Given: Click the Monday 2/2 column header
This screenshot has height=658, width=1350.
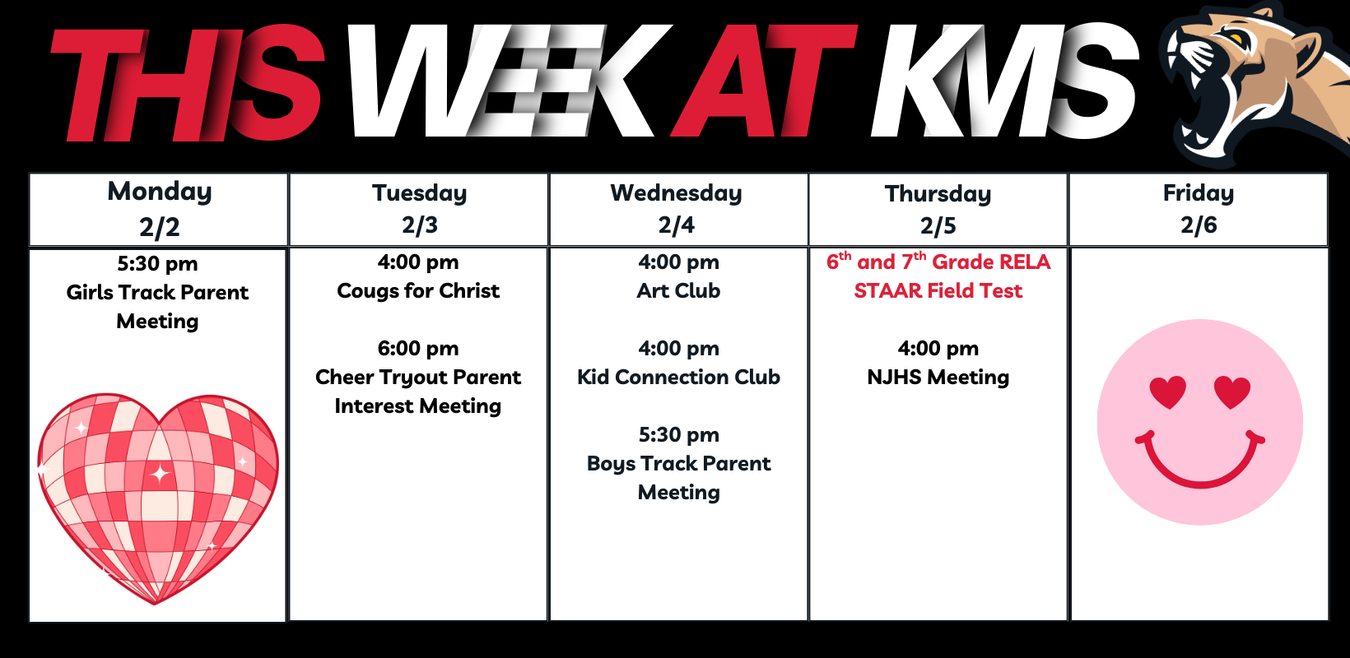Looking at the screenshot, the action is coord(159,210).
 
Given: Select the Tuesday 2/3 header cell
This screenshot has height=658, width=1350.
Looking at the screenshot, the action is coord(419,210).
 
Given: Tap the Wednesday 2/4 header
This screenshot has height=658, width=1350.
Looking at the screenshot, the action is coord(678,210).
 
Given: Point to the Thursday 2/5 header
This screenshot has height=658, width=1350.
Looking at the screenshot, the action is coord(938,210).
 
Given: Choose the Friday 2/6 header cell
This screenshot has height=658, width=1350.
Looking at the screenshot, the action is coord(1199,210).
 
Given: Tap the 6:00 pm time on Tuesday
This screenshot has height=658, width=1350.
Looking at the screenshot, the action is coord(418,349).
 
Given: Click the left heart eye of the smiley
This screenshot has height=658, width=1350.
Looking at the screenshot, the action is coord(1168,392).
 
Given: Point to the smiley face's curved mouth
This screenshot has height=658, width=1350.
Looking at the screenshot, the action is coord(1200,461).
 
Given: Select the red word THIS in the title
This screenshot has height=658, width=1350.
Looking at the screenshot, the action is coord(188,83).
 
